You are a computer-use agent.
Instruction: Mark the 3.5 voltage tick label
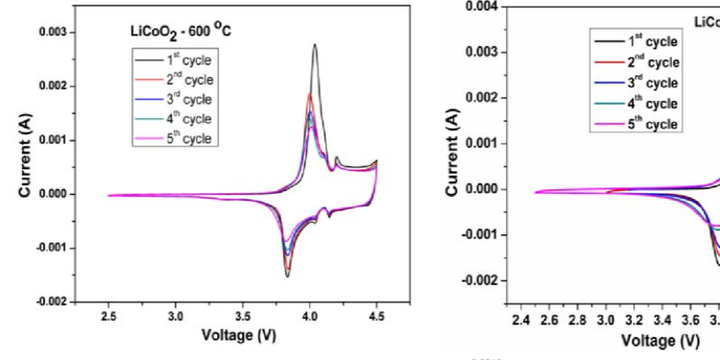pyautogui.click(x=243, y=316)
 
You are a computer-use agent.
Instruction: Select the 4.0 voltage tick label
pyautogui.click(x=310, y=316)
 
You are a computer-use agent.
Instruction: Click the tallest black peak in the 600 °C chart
pyautogui.click(x=315, y=45)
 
